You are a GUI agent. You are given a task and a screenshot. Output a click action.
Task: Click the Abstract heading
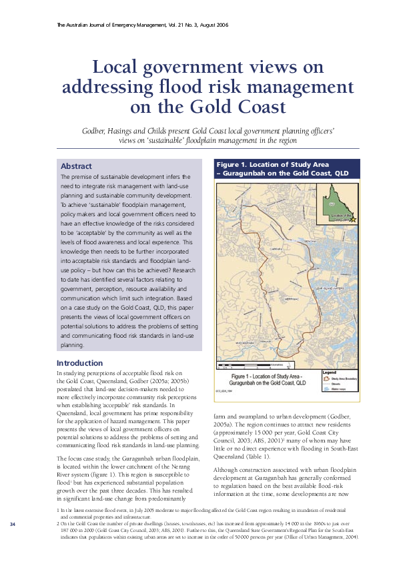(76, 166)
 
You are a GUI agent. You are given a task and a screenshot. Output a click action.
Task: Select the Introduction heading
(79, 363)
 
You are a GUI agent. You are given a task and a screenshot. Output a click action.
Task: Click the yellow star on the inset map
(354, 219)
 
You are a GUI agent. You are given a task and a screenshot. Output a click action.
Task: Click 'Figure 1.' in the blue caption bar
(233, 164)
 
